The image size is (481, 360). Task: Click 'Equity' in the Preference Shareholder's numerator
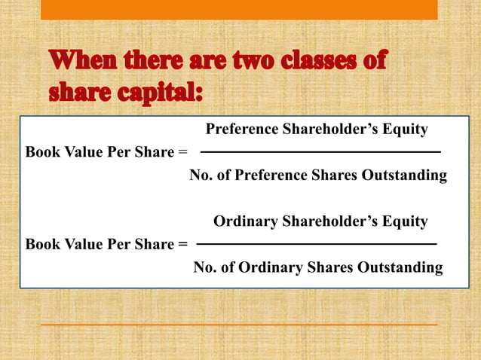click(406, 130)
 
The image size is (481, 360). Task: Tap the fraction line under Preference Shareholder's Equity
click(320, 153)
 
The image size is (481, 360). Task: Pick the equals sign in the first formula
click(182, 153)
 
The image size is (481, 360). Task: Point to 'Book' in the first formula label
click(41, 153)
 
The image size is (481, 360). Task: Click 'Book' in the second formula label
click(41, 245)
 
